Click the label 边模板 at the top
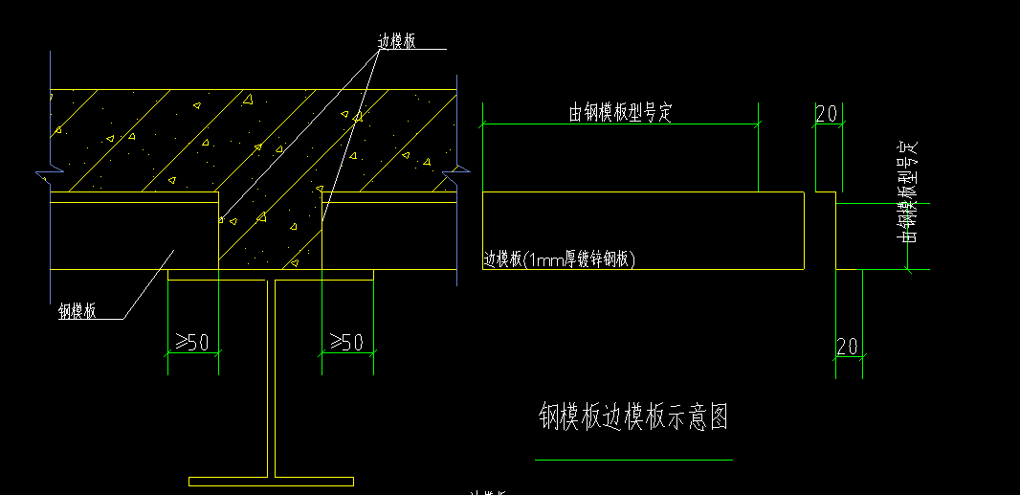click(x=396, y=40)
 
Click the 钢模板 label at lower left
click(x=77, y=310)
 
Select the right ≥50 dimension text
click(x=346, y=342)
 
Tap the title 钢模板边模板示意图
click(x=633, y=417)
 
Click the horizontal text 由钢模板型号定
click(x=621, y=113)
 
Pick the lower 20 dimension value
click(x=848, y=346)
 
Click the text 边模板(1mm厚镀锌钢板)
click(x=560, y=259)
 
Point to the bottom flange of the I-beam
click(x=271, y=481)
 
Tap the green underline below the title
click(x=633, y=460)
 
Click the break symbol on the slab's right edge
click(x=458, y=175)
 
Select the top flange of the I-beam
click(x=271, y=275)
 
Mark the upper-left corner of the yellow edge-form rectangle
click(x=483, y=192)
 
